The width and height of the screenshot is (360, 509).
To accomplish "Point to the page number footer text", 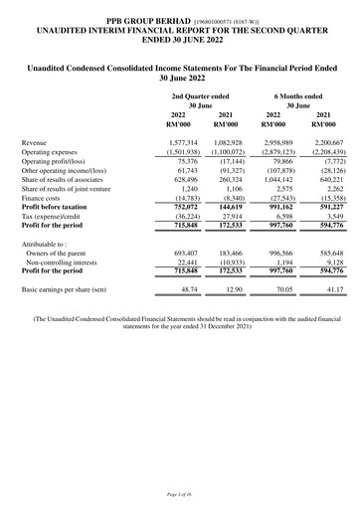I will pos(179,493).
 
